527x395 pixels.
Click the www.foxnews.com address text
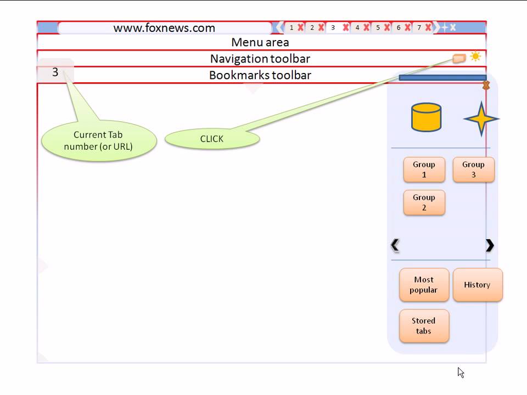coord(164,28)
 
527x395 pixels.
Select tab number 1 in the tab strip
coord(291,27)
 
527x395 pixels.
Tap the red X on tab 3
coord(346,27)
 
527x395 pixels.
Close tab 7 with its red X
coord(428,27)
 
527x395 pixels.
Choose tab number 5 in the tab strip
coord(378,27)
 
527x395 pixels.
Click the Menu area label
coord(260,42)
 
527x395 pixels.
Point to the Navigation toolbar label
coord(260,59)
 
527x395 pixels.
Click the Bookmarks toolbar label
coord(260,75)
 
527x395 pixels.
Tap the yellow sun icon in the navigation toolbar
coord(475,57)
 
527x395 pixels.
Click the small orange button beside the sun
coord(459,58)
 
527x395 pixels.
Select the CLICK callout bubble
coord(212,139)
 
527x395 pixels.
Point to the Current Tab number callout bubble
coord(98,140)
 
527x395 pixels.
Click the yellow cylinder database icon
coord(426,117)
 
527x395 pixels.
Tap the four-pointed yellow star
coord(481,119)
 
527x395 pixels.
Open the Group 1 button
coord(424,170)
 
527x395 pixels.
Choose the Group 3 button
coord(473,170)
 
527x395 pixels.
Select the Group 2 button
coord(424,202)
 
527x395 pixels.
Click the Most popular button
coord(424,285)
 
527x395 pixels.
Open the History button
coord(477,285)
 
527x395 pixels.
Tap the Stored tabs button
coord(424,326)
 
